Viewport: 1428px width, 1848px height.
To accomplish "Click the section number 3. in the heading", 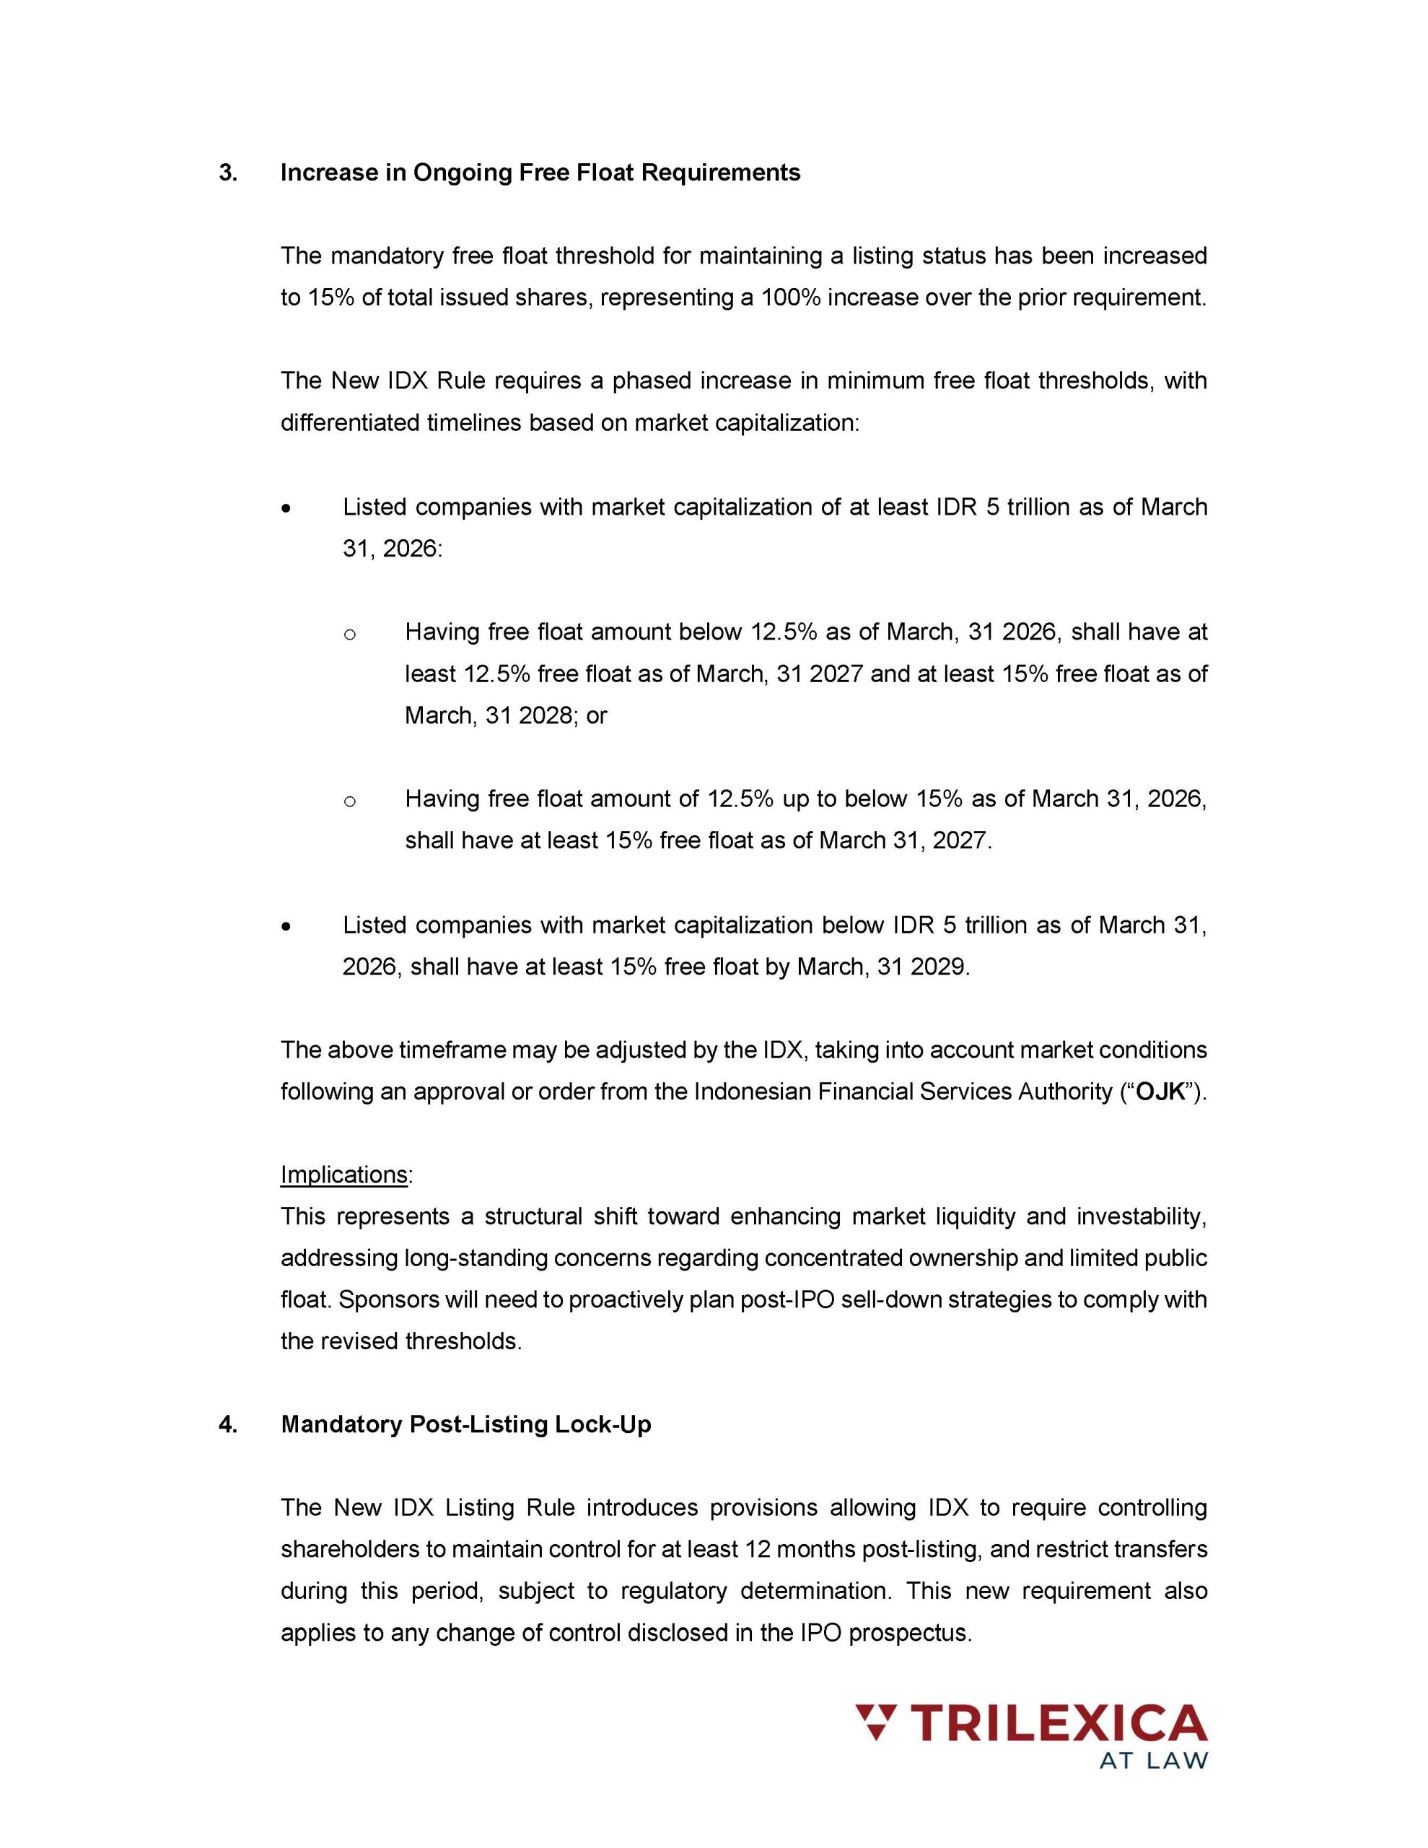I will (x=227, y=173).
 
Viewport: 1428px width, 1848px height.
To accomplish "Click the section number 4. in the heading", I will (x=227, y=1424).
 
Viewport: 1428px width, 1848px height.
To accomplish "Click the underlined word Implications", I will (x=344, y=1174).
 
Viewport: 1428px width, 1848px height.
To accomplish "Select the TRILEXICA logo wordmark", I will (x=1057, y=1723).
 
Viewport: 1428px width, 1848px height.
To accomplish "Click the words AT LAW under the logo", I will (x=1154, y=1761).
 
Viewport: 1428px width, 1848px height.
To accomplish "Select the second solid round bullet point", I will (x=288, y=928).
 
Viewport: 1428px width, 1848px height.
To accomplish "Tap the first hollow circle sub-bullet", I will (x=350, y=634).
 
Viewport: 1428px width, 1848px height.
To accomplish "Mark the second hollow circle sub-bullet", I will (x=350, y=801).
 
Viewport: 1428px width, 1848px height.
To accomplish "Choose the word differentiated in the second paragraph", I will (x=349, y=422).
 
